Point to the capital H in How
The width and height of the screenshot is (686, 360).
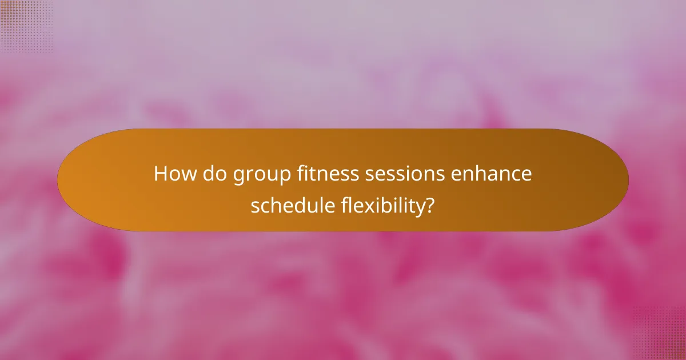pyautogui.click(x=161, y=174)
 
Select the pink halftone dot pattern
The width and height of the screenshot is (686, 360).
pyautogui.click(x=660, y=334)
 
